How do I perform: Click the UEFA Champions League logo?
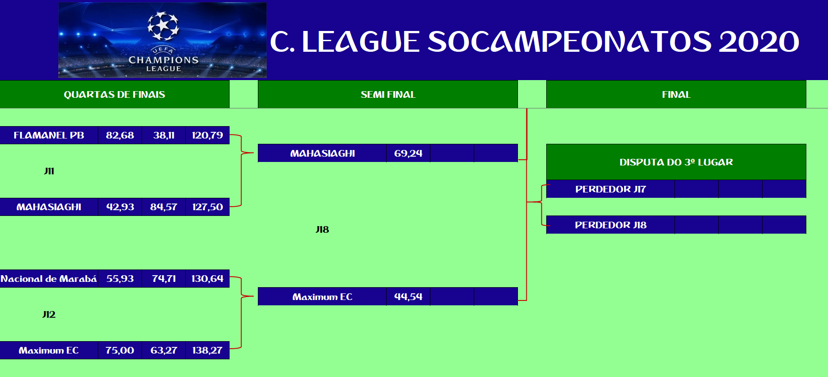click(163, 40)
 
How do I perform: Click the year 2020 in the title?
click(759, 42)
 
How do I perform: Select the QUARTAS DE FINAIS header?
click(115, 94)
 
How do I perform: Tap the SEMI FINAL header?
click(388, 94)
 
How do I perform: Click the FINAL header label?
click(676, 94)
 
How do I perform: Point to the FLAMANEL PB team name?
click(49, 135)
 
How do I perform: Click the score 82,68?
click(120, 135)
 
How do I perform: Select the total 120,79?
click(207, 135)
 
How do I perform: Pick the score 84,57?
click(164, 207)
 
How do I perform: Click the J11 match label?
click(49, 171)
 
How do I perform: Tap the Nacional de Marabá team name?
click(49, 279)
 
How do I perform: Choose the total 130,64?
click(207, 279)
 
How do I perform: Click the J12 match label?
click(49, 315)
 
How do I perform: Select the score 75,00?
click(120, 350)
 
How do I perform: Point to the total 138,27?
click(207, 350)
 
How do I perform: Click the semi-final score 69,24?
click(408, 154)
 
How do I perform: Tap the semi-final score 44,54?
click(408, 297)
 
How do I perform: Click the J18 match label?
click(322, 230)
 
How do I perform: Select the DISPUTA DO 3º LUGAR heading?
click(676, 162)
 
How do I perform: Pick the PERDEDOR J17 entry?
click(611, 189)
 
